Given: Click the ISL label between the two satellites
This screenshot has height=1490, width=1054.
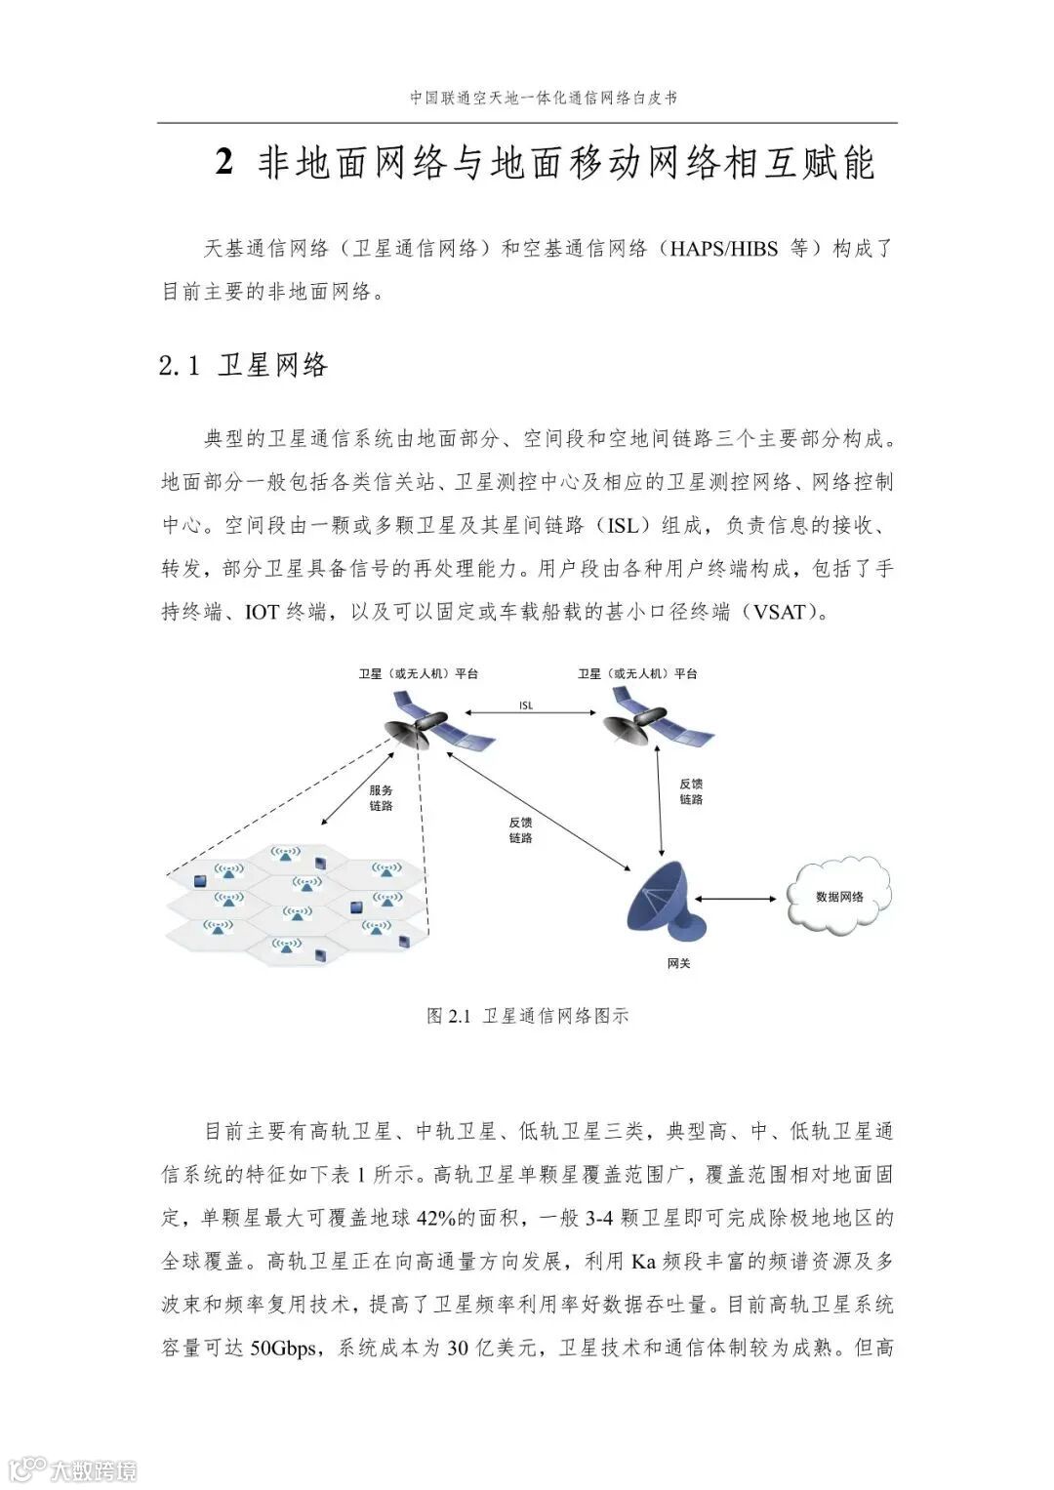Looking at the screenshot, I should click(526, 705).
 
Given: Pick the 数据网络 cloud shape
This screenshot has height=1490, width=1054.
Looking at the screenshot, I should click(839, 896).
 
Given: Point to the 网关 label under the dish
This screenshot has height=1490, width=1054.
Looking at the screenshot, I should click(678, 964).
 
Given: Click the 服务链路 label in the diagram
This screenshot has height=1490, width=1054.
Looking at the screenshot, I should click(381, 798).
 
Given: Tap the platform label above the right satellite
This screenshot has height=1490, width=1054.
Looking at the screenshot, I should click(637, 674).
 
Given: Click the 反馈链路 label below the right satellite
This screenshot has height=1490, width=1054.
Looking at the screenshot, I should click(691, 791).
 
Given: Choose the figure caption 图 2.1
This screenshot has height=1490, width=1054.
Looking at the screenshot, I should click(527, 1016).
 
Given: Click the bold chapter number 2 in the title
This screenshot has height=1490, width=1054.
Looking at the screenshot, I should click(224, 163).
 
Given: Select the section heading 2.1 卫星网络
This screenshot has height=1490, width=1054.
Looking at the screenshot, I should click(244, 366).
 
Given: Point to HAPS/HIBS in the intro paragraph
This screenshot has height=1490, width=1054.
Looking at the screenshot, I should click(723, 249).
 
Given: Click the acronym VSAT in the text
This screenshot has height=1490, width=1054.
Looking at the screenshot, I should click(778, 613).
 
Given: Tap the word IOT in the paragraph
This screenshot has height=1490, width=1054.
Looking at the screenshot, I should click(262, 613).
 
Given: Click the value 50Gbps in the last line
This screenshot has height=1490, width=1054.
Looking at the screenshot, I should click(283, 1349).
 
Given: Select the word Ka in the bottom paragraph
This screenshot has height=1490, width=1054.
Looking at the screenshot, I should click(642, 1262).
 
